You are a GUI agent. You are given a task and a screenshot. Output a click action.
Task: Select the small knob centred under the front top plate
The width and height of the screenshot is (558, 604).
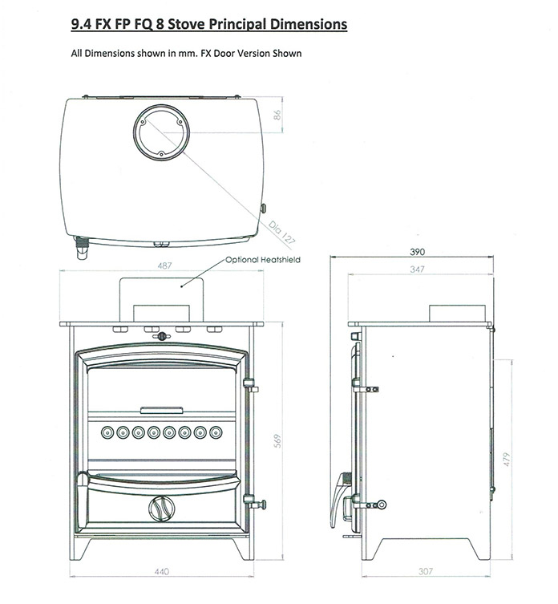click(x=162, y=335)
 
